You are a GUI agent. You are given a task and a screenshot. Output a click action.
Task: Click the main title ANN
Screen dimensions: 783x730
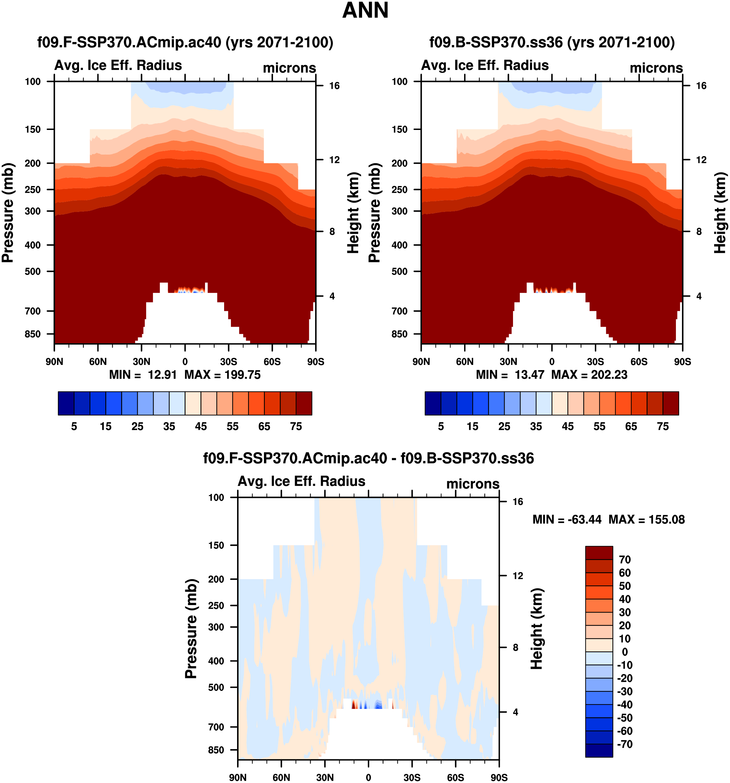tap(365, 11)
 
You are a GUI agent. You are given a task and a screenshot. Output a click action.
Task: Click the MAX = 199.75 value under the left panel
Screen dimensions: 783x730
tap(222, 375)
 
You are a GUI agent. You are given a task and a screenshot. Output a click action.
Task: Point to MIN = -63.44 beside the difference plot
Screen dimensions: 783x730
tap(567, 520)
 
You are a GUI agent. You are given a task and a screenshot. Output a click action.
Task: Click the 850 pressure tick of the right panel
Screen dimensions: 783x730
tap(399, 334)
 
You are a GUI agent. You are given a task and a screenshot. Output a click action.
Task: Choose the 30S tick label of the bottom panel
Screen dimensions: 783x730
tap(412, 777)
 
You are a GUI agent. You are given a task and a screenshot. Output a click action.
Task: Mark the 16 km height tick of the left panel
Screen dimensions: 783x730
tap(334, 86)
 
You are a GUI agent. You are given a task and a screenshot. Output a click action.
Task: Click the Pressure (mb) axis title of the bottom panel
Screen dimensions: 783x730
tap(191, 629)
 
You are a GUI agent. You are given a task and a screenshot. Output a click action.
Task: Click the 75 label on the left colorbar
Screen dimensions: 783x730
tap(296, 427)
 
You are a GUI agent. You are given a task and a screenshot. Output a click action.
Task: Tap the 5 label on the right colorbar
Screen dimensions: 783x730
tap(441, 427)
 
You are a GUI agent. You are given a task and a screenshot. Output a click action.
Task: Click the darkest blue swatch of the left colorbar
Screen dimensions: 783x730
tap(66, 403)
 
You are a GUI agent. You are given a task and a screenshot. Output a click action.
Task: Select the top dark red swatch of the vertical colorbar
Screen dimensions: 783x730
tap(599, 553)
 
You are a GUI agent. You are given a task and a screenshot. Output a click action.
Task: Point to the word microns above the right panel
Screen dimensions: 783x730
tap(656, 68)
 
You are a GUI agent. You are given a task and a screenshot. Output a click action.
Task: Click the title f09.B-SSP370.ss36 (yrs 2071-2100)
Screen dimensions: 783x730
tap(552, 42)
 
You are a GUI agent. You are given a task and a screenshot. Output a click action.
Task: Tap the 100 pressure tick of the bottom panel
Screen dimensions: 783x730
tap(216, 497)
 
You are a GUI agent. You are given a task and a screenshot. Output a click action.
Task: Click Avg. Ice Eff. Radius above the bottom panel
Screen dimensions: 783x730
tap(302, 481)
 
